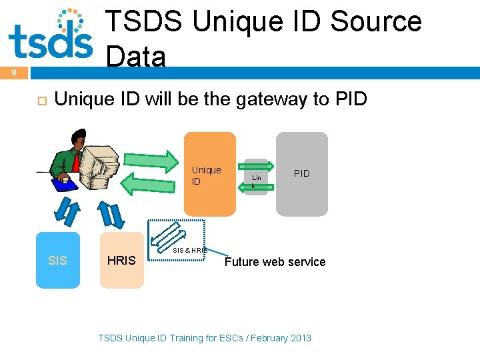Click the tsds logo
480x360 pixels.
(51, 35)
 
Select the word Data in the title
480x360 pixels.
(135, 57)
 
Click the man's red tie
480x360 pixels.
(76, 161)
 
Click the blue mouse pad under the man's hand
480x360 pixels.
(65, 184)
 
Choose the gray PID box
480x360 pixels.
(302, 174)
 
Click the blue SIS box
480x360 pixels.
(58, 260)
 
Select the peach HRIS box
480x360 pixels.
(122, 260)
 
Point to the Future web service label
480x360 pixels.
(275, 262)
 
